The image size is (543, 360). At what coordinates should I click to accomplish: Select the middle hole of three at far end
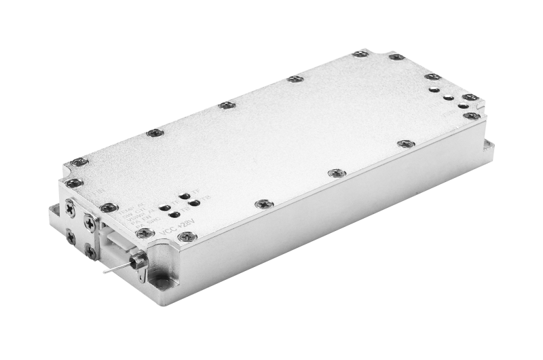(448, 97)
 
